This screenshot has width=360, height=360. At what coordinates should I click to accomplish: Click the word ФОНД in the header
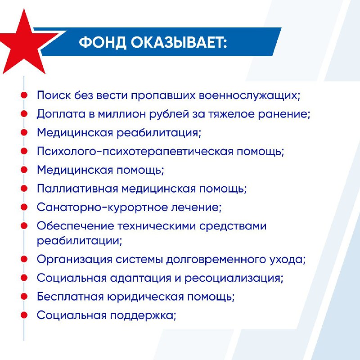[103, 42]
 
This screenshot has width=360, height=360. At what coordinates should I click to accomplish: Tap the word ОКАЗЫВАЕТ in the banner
[177, 42]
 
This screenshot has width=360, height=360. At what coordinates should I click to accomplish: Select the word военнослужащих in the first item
[249, 95]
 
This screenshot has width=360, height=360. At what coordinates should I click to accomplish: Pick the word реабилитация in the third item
[158, 133]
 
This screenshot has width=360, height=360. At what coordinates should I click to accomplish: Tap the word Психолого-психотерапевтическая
[135, 152]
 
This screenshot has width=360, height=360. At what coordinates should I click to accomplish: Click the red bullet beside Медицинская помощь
[24, 170]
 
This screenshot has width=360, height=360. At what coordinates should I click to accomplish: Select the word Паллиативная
[77, 189]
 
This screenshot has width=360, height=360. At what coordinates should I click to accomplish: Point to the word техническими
[157, 226]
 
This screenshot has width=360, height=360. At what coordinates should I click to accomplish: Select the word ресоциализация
[233, 278]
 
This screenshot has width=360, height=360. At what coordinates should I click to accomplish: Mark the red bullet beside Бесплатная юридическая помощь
[24, 297]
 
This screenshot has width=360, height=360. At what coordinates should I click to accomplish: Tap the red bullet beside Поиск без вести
[24, 95]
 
